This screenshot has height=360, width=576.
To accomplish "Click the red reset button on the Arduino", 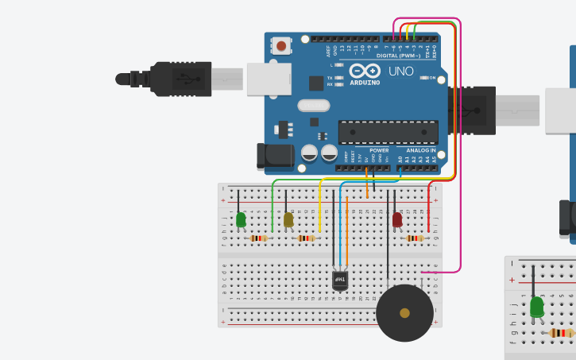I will [x=281, y=46].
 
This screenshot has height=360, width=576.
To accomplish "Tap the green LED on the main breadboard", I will [x=241, y=219].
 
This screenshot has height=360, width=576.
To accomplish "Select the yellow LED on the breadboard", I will [x=288, y=219].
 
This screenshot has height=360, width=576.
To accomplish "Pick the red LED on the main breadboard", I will [x=397, y=219].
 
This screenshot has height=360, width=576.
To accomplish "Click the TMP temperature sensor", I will [x=340, y=279].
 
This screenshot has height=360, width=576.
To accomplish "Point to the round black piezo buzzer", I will [x=404, y=312].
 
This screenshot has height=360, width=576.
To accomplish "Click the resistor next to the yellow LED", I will [x=306, y=238].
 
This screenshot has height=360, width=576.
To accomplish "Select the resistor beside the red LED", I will [x=414, y=238].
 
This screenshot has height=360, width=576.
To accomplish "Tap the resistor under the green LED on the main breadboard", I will [x=258, y=238].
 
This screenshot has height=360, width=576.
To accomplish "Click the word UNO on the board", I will [x=400, y=72].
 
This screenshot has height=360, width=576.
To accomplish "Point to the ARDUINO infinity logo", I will [x=365, y=71].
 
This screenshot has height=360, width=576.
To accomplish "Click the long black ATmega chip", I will [x=388, y=132].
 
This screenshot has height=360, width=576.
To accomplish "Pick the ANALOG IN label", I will [x=421, y=150].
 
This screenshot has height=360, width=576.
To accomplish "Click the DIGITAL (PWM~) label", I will [x=397, y=56].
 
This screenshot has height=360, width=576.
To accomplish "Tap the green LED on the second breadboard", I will [x=537, y=306].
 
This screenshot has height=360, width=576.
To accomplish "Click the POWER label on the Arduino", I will [x=379, y=150].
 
